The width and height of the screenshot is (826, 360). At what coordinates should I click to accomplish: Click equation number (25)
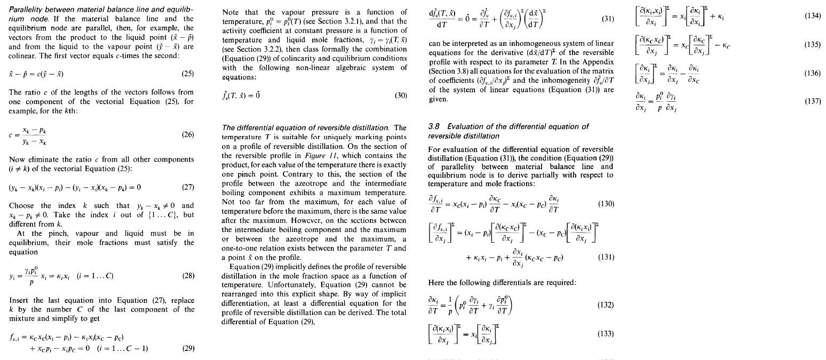click(188, 73)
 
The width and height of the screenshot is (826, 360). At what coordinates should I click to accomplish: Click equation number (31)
click(608, 19)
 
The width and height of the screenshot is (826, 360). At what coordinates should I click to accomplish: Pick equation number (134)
click(814, 17)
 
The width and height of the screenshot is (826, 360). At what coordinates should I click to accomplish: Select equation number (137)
click(814, 101)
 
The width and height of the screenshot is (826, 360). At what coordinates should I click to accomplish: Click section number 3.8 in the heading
click(435, 126)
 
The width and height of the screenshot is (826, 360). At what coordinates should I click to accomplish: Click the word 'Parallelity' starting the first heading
click(25, 10)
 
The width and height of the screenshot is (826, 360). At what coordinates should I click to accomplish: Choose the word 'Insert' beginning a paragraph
click(19, 300)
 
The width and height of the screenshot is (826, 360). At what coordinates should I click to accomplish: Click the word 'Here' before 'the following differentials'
click(436, 282)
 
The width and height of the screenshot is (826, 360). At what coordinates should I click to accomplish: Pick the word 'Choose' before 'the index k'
click(22, 205)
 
